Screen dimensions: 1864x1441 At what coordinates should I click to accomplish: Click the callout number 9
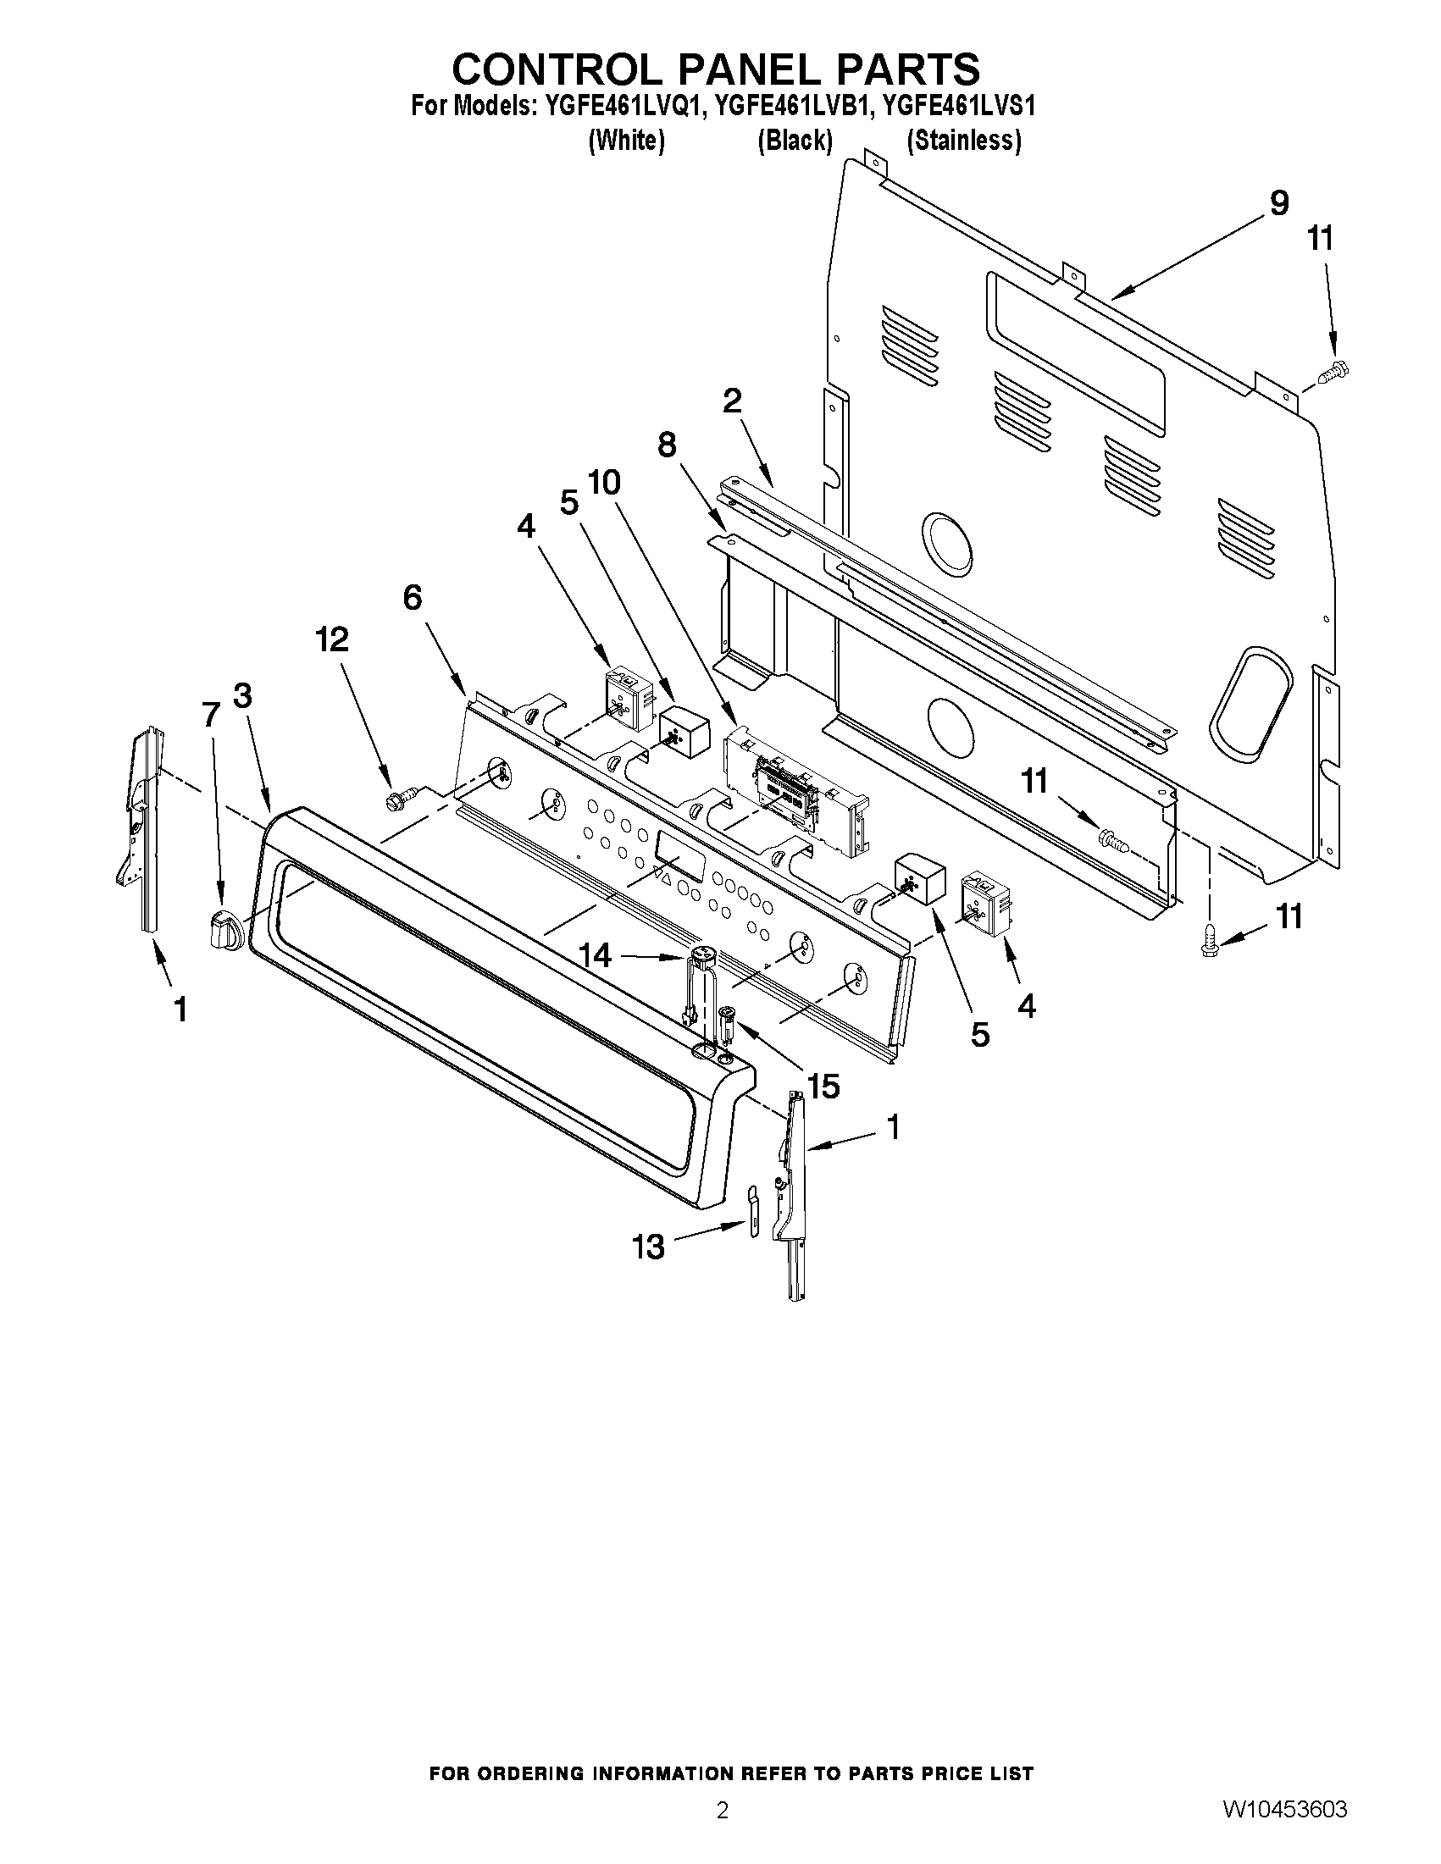(x=1278, y=203)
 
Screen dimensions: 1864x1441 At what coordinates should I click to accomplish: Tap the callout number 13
(x=648, y=1247)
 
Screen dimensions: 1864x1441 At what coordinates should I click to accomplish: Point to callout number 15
(x=823, y=1086)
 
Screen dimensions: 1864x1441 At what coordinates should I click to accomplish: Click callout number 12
(x=333, y=639)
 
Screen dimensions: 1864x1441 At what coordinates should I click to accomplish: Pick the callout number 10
(x=604, y=483)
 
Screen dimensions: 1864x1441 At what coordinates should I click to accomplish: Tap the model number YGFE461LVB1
(x=794, y=106)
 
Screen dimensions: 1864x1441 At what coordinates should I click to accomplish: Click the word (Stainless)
(x=964, y=140)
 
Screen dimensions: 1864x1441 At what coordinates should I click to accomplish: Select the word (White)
(x=627, y=140)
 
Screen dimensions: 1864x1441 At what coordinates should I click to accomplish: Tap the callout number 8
(x=667, y=444)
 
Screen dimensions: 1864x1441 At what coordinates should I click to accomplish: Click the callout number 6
(x=413, y=597)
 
